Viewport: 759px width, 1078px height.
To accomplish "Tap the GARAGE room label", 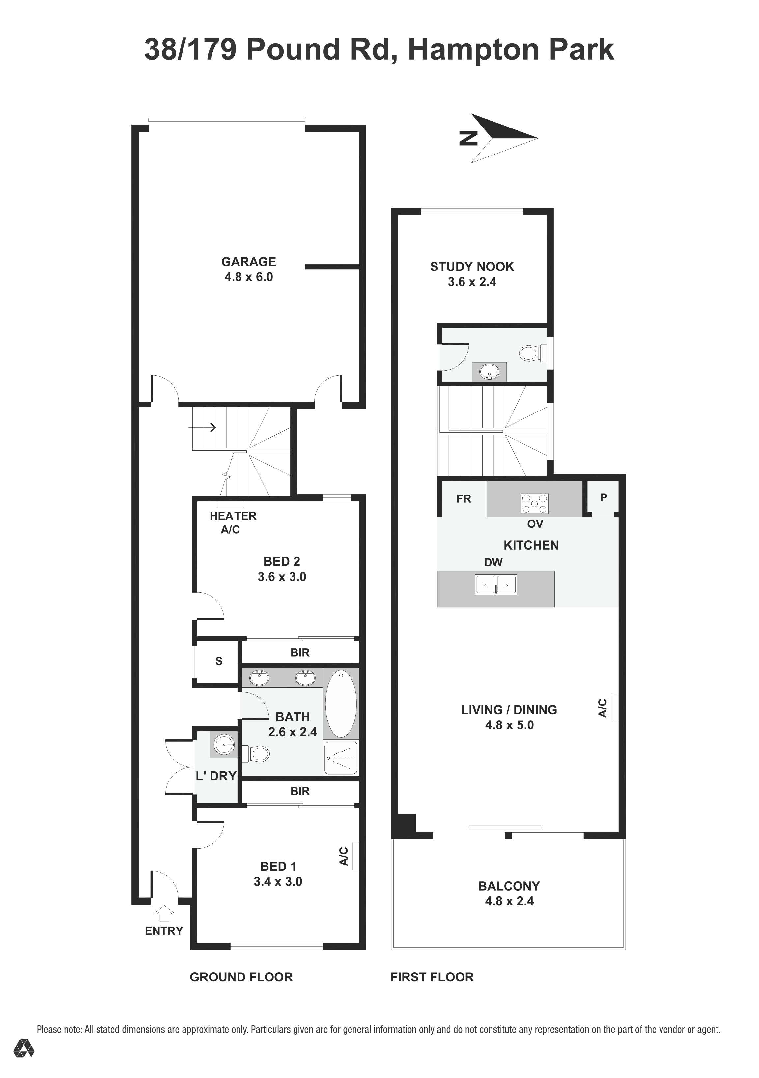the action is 248,262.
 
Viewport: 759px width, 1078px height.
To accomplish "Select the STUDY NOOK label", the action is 472,267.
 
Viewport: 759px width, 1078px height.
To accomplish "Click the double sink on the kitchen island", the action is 496,585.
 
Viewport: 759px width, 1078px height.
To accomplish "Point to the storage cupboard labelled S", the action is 218,661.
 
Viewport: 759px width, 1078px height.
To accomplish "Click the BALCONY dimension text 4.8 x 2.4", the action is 509,901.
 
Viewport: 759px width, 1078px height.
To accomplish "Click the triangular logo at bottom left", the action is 23,1061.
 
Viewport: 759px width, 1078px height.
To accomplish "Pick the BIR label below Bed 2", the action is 300,653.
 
